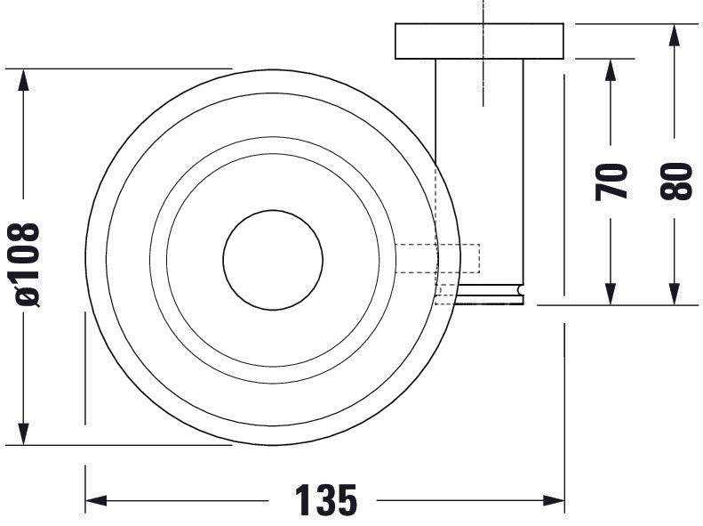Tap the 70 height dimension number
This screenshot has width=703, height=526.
click(612, 181)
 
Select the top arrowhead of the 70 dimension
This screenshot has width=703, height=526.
click(611, 69)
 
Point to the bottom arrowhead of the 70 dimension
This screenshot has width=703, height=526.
click(611, 294)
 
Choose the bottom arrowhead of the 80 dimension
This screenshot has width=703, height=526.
click(675, 294)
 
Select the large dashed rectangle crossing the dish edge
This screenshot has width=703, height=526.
click(436, 258)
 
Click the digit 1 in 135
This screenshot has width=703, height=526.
click(301, 501)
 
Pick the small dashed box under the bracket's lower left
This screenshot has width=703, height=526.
click(446, 295)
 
